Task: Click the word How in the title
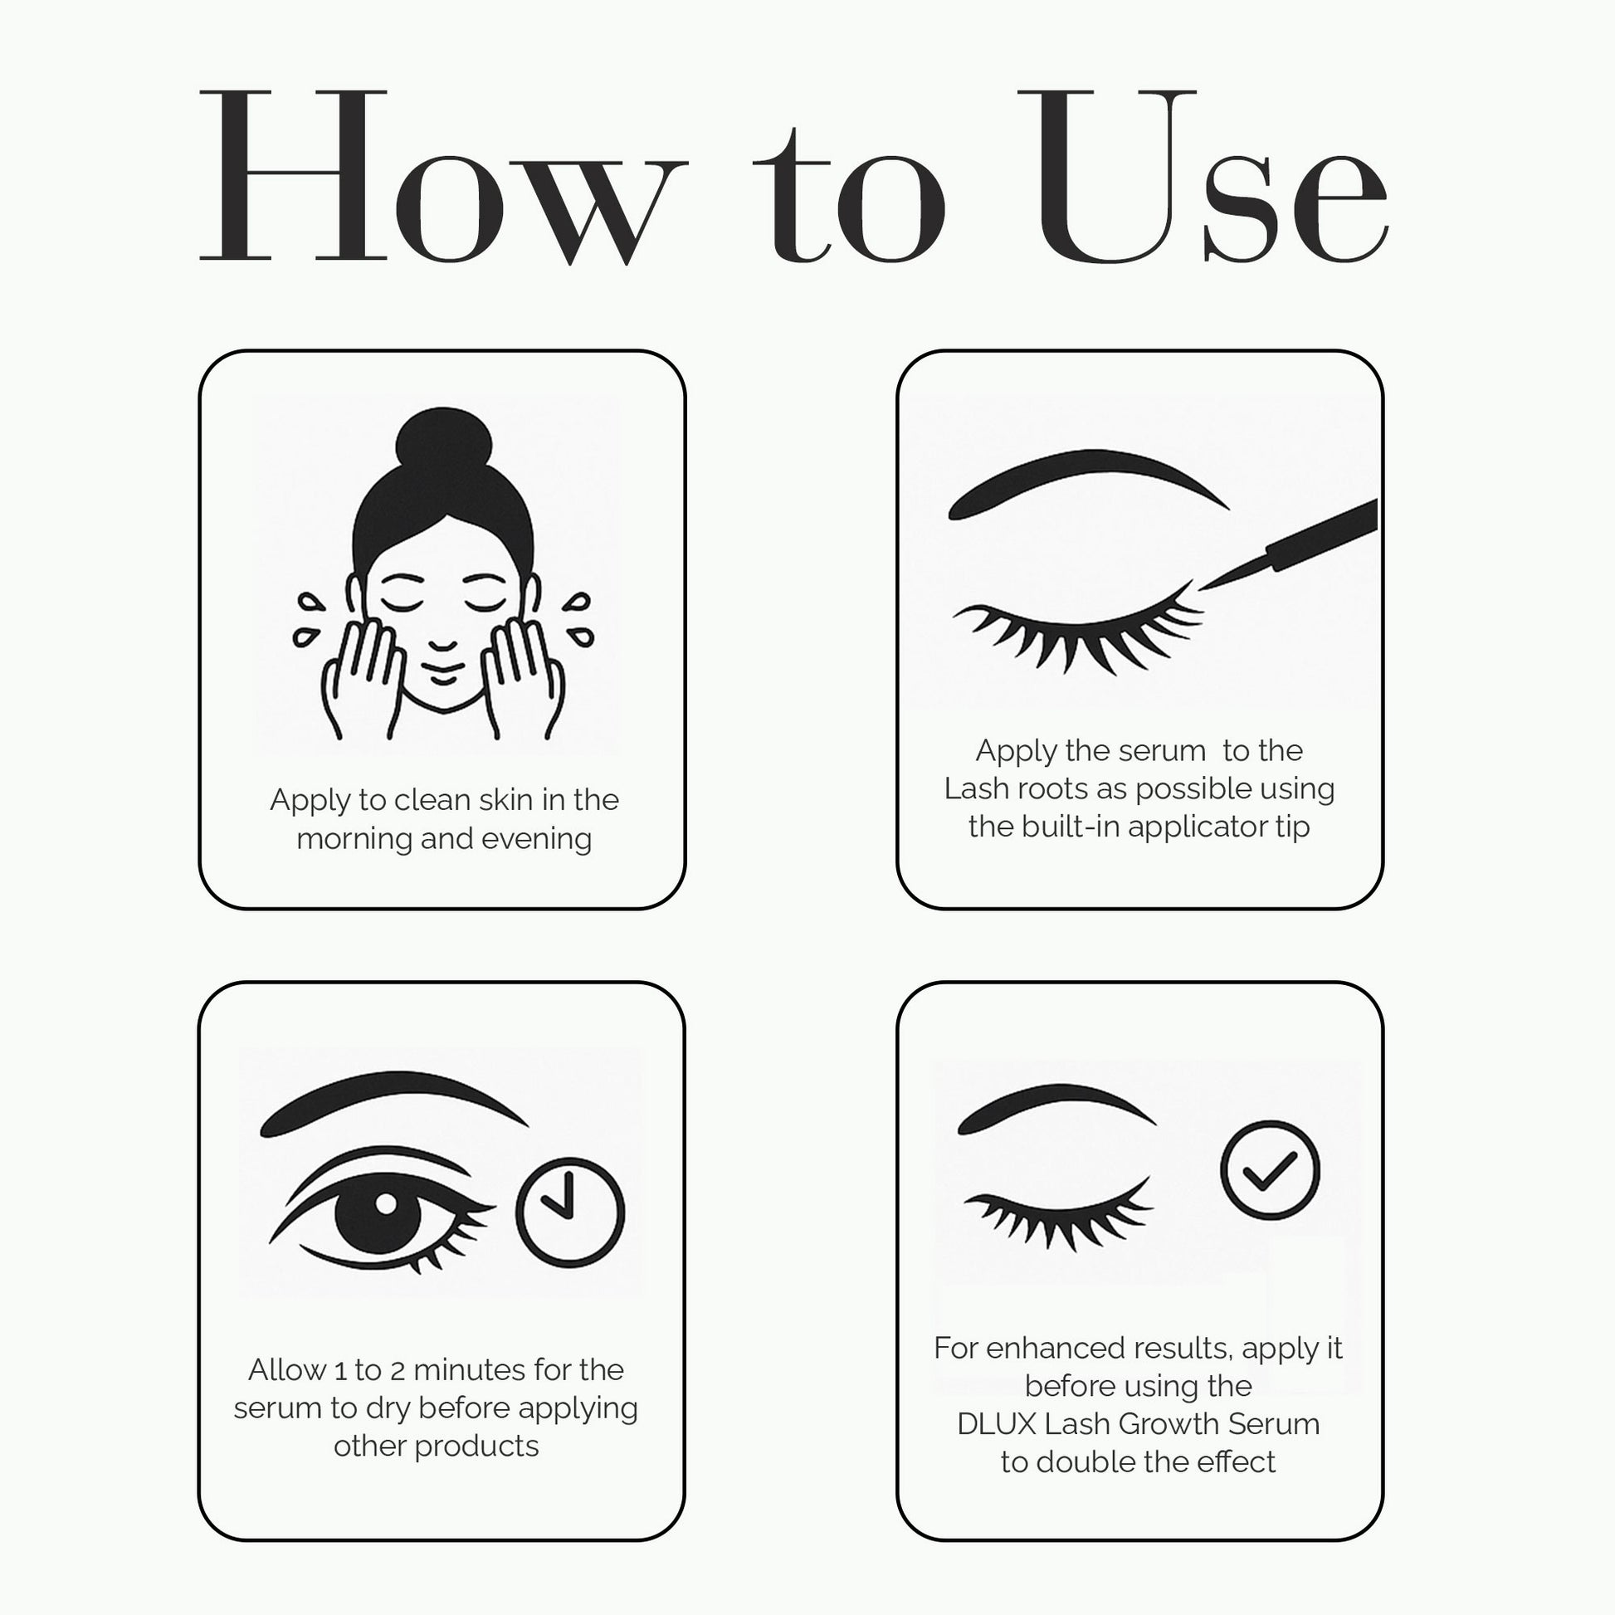[443, 178]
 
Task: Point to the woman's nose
[443, 645]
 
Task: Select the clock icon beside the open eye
[570, 1212]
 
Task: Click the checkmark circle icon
[1270, 1169]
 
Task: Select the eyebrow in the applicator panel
[1086, 480]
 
